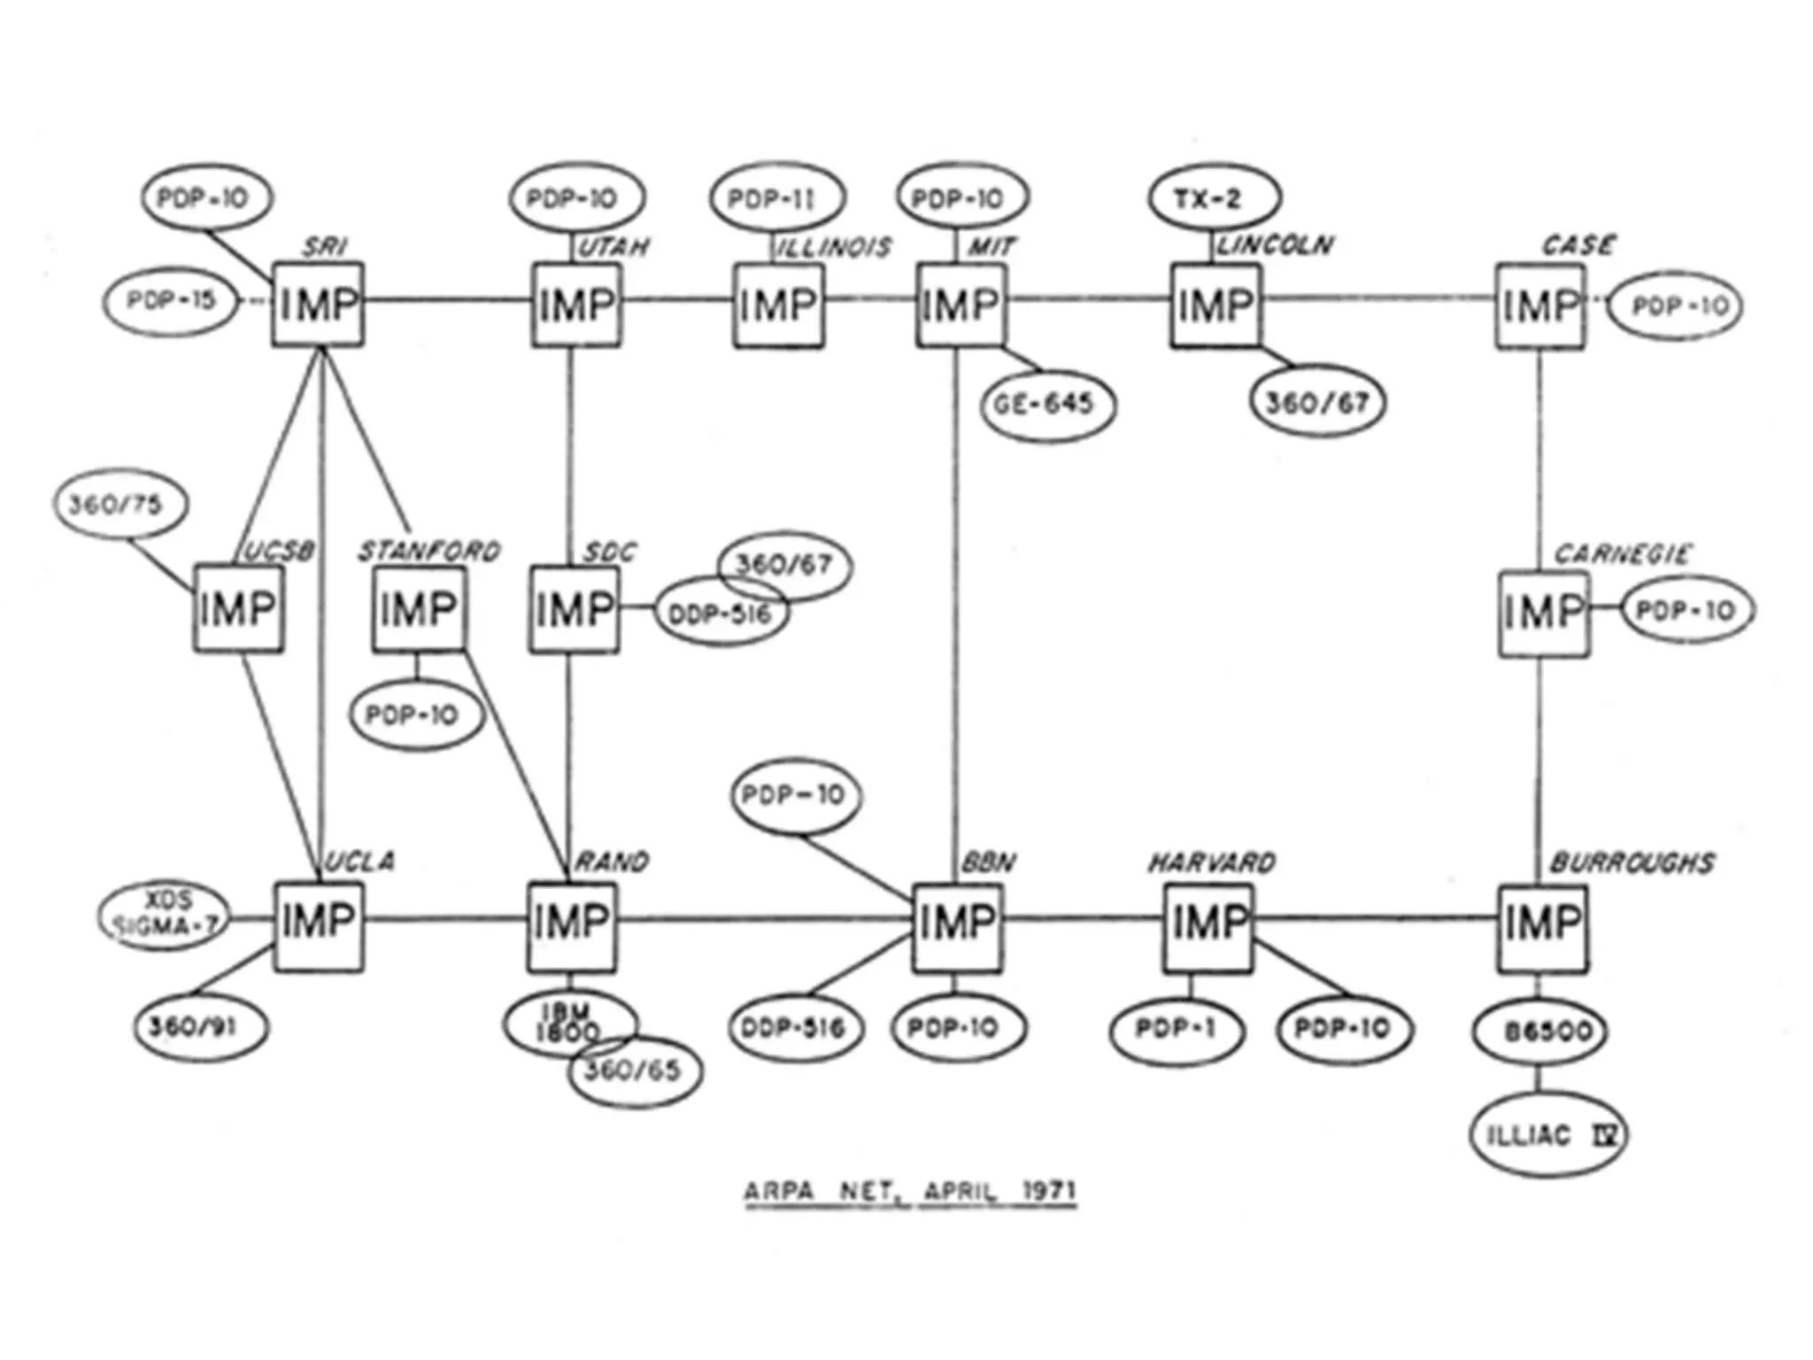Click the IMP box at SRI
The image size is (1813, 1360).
point(318,304)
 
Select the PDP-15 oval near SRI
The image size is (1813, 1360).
point(171,301)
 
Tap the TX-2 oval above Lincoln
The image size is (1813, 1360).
point(1214,198)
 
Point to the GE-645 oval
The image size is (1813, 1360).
point(1047,405)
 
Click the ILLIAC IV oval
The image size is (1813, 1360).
point(1548,1134)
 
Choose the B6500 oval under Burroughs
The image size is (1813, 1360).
point(1539,1031)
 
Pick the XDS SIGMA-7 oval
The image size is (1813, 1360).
point(164,915)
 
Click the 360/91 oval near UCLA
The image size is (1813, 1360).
point(200,1027)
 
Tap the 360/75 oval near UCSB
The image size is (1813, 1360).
point(120,504)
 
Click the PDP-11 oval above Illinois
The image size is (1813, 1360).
point(776,198)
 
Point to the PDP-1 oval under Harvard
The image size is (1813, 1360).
point(1176,1029)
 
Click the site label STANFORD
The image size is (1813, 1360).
point(429,552)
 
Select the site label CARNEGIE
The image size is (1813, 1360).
point(1622,554)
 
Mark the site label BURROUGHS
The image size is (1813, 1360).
point(1632,862)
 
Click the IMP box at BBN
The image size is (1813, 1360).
point(958,925)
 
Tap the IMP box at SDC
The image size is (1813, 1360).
point(575,610)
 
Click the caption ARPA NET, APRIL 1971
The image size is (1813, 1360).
point(909,1191)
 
